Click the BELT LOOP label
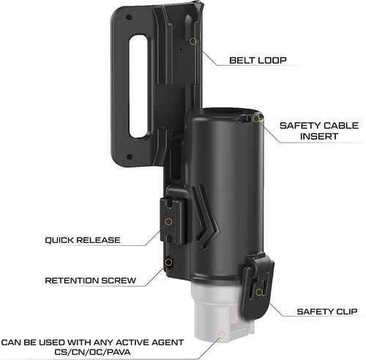258,60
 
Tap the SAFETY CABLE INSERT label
319,131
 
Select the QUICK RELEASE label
83,240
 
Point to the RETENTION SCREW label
90,280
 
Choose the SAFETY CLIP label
327,312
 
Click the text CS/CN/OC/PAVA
92,352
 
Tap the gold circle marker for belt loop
193,41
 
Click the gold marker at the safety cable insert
256,119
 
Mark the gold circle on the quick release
168,222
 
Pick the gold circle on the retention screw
168,262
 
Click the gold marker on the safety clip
259,292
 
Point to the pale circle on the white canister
222,335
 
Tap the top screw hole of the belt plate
129,18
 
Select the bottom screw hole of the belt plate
130,157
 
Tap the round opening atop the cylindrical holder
221,112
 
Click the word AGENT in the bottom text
168,342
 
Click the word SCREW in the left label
119,280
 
